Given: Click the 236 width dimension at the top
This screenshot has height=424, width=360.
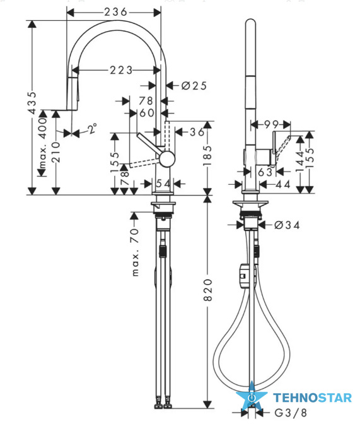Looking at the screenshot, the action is tap(115, 12).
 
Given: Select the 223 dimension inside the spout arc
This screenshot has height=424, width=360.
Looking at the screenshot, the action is tap(121, 70).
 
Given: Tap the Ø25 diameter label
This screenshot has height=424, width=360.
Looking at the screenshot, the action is tap(194, 86).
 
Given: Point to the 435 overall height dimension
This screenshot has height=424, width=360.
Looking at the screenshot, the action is tap(32, 102).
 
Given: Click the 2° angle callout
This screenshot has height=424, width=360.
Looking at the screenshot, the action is tap(93, 129).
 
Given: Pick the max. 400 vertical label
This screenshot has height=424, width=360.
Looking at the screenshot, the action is tap(43, 143).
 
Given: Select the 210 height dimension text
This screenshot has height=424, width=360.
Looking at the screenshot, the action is tap(56, 152).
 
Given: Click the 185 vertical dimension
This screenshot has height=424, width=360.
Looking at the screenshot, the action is tap(207, 156).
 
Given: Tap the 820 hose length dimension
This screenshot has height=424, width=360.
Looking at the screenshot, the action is tap(207, 290).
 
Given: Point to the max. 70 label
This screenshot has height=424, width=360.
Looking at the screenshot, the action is tap(135, 252).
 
